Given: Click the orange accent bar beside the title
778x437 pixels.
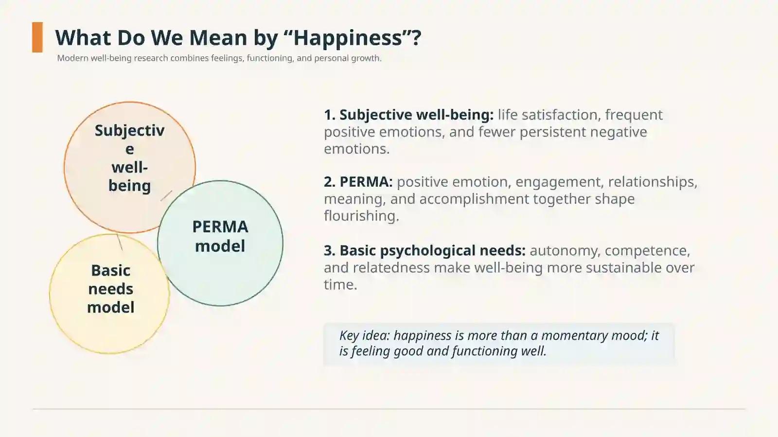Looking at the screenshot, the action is [x=37, y=37].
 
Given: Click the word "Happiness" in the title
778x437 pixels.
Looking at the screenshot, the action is [x=348, y=38].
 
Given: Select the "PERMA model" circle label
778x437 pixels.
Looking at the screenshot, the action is [x=220, y=236].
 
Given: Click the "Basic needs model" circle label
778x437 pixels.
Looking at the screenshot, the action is [x=110, y=289].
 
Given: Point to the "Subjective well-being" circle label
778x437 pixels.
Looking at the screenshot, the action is [x=129, y=158].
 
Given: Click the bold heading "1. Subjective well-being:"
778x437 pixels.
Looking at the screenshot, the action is [x=409, y=115].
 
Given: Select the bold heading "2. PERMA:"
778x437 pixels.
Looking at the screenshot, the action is [x=358, y=181].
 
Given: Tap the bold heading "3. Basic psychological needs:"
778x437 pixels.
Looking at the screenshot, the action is [x=425, y=251].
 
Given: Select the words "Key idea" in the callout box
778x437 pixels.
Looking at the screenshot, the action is [x=365, y=335].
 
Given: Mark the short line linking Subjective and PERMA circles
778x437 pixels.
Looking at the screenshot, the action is [x=166, y=195].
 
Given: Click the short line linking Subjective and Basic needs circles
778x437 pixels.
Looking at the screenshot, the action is [x=120, y=242].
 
